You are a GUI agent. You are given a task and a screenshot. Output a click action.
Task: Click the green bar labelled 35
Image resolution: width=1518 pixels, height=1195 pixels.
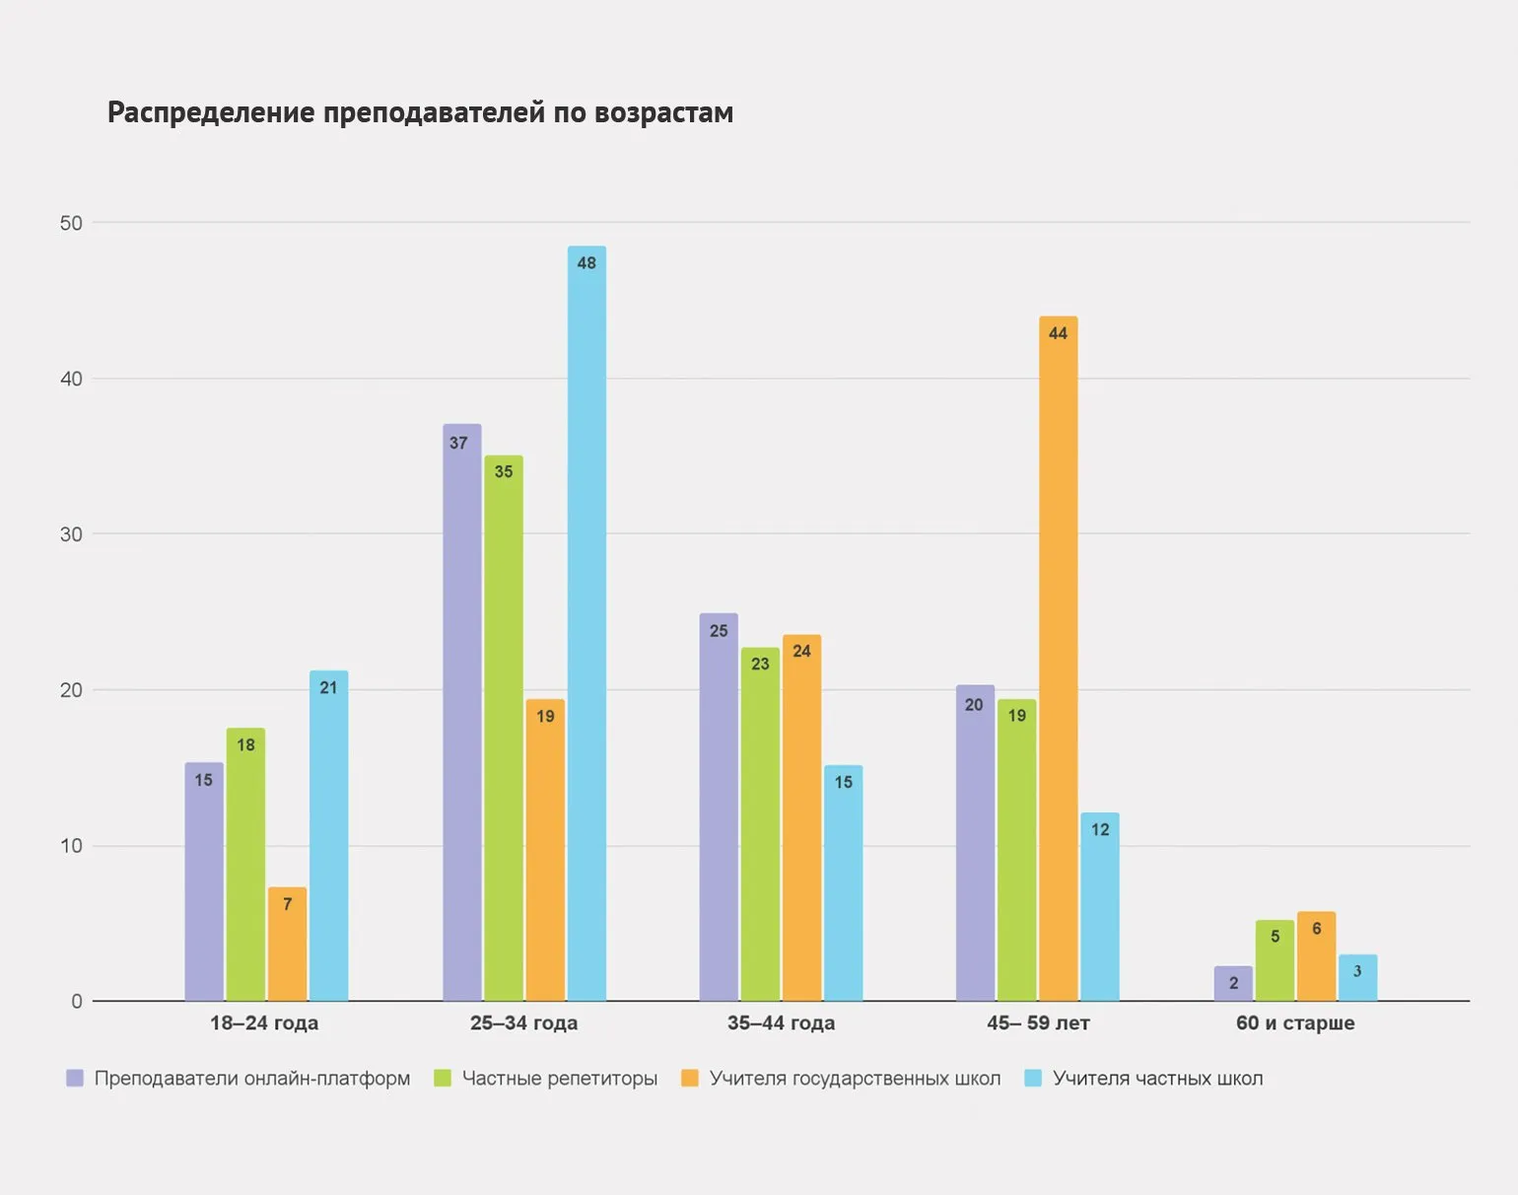point(504,729)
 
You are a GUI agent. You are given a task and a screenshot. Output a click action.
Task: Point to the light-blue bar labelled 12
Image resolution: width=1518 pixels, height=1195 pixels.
point(1100,907)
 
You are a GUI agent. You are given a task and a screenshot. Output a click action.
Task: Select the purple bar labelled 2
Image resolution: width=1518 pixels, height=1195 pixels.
point(1233,984)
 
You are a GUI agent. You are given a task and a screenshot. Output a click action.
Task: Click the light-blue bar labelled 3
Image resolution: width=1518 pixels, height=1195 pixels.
point(1357,978)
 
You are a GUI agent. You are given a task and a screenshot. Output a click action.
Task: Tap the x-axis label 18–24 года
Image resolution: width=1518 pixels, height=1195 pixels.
point(264,1023)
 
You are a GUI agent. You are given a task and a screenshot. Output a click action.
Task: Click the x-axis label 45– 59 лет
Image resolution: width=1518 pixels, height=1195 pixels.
point(1038,1023)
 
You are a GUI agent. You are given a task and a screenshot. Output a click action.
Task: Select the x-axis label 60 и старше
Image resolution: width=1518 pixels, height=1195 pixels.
point(1295,1023)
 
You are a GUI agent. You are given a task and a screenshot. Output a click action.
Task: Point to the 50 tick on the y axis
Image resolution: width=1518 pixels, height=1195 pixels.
point(71,223)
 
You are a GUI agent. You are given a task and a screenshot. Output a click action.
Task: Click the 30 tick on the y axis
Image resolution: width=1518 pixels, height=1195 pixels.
point(71,534)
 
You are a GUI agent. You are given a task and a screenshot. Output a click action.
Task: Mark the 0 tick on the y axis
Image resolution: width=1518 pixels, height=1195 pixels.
point(77,1002)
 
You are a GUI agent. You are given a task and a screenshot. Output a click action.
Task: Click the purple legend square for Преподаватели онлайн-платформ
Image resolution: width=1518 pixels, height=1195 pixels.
point(75,1079)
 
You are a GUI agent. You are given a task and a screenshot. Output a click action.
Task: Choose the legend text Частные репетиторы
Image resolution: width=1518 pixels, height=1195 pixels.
point(559,1079)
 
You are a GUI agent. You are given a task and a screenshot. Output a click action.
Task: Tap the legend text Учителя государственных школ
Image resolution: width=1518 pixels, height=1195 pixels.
point(855,1079)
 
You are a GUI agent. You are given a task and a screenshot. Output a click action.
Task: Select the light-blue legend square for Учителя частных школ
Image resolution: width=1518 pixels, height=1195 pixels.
point(1033,1079)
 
